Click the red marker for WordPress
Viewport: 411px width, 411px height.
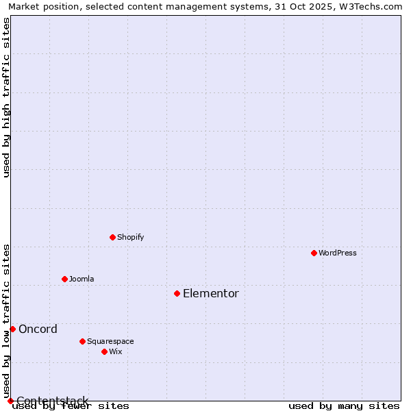(x=314, y=253)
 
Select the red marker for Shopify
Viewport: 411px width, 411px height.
(x=113, y=237)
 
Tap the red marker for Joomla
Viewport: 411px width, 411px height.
(x=65, y=279)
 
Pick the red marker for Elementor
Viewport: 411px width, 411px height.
(x=177, y=293)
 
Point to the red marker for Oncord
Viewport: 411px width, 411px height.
(x=12, y=329)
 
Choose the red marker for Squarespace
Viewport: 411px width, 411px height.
(x=83, y=341)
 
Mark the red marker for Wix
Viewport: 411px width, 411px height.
(x=105, y=351)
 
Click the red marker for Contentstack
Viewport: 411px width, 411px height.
(x=10, y=401)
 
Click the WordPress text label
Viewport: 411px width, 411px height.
(x=338, y=253)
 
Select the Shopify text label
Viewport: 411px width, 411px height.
(x=131, y=237)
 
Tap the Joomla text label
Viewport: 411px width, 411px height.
(x=82, y=279)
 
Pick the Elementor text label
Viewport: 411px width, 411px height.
(x=211, y=293)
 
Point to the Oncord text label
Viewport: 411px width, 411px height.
(x=38, y=329)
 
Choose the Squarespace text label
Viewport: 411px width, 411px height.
(x=110, y=341)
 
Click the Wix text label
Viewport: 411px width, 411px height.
(x=116, y=351)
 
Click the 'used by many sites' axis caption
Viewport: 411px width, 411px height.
(x=344, y=406)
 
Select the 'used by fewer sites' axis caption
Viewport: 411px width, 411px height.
(x=71, y=406)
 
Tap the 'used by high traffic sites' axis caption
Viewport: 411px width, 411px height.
(x=7, y=97)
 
